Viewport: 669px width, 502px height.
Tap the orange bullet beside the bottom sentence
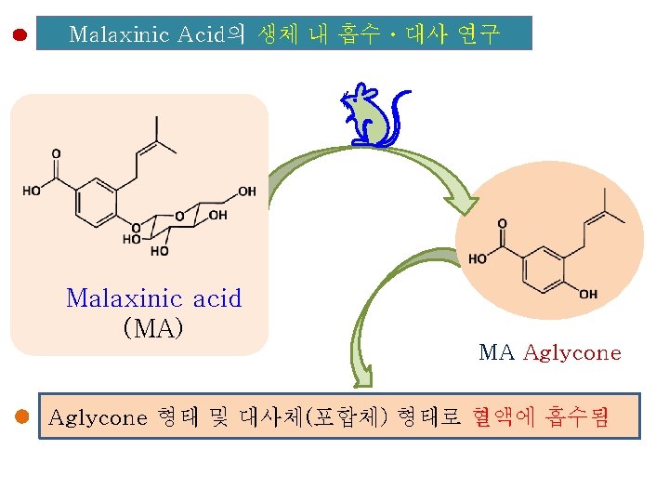(x=22, y=417)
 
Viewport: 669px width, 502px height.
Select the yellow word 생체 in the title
(x=279, y=35)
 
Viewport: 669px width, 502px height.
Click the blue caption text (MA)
(x=153, y=327)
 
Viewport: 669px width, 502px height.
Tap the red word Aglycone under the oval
(x=572, y=352)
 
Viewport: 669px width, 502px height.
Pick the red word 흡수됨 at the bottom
(x=580, y=417)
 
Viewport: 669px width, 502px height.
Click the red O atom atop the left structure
(x=56, y=153)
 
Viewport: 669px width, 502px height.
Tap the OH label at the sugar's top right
(x=246, y=192)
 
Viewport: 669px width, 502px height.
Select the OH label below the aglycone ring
(x=587, y=295)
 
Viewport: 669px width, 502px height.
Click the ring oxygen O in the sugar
(x=179, y=217)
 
